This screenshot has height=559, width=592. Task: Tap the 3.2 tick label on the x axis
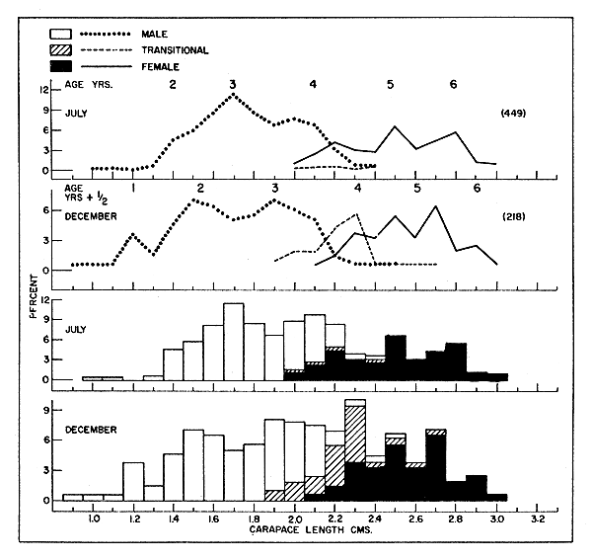(x=538, y=518)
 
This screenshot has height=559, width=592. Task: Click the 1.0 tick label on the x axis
(x=94, y=518)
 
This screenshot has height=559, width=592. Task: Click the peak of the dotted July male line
(x=233, y=95)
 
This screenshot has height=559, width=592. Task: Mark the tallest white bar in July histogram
(x=233, y=341)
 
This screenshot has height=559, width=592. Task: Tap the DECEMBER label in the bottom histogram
(x=91, y=430)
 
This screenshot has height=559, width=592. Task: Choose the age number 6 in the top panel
(x=453, y=84)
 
